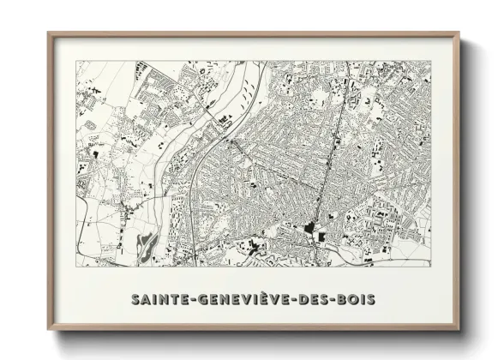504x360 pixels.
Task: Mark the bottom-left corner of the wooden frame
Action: (x=49, y=330)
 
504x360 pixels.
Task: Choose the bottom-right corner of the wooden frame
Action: (x=459, y=330)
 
